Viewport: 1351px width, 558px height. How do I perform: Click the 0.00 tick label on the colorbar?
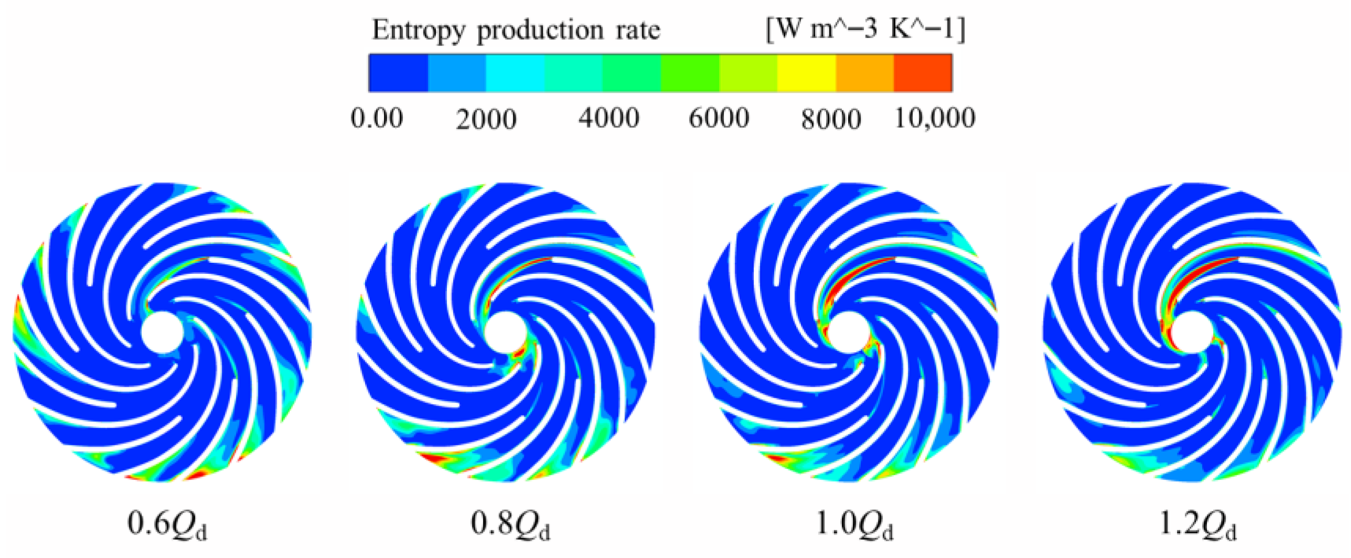coord(377,118)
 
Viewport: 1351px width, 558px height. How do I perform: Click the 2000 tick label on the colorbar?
coord(486,119)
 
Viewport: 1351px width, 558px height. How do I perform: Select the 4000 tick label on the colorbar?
coord(608,118)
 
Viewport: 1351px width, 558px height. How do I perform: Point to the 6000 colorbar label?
coord(719,118)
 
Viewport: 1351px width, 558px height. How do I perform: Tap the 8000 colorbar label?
coord(831,119)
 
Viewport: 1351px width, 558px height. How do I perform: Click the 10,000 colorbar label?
coord(934,118)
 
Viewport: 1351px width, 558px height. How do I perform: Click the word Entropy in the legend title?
coord(418,30)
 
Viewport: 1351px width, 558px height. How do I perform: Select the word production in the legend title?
coord(540,30)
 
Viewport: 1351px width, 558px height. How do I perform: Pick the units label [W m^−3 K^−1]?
coord(865,29)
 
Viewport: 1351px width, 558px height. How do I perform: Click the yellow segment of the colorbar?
coord(806,73)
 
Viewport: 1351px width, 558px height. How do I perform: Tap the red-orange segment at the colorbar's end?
coord(923,73)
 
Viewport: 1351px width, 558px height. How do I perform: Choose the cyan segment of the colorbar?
coord(515,73)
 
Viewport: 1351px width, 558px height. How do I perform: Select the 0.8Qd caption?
coord(510,524)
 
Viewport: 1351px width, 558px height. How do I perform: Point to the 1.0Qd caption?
coord(854,524)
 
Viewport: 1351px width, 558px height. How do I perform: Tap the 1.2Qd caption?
coord(1197,524)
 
